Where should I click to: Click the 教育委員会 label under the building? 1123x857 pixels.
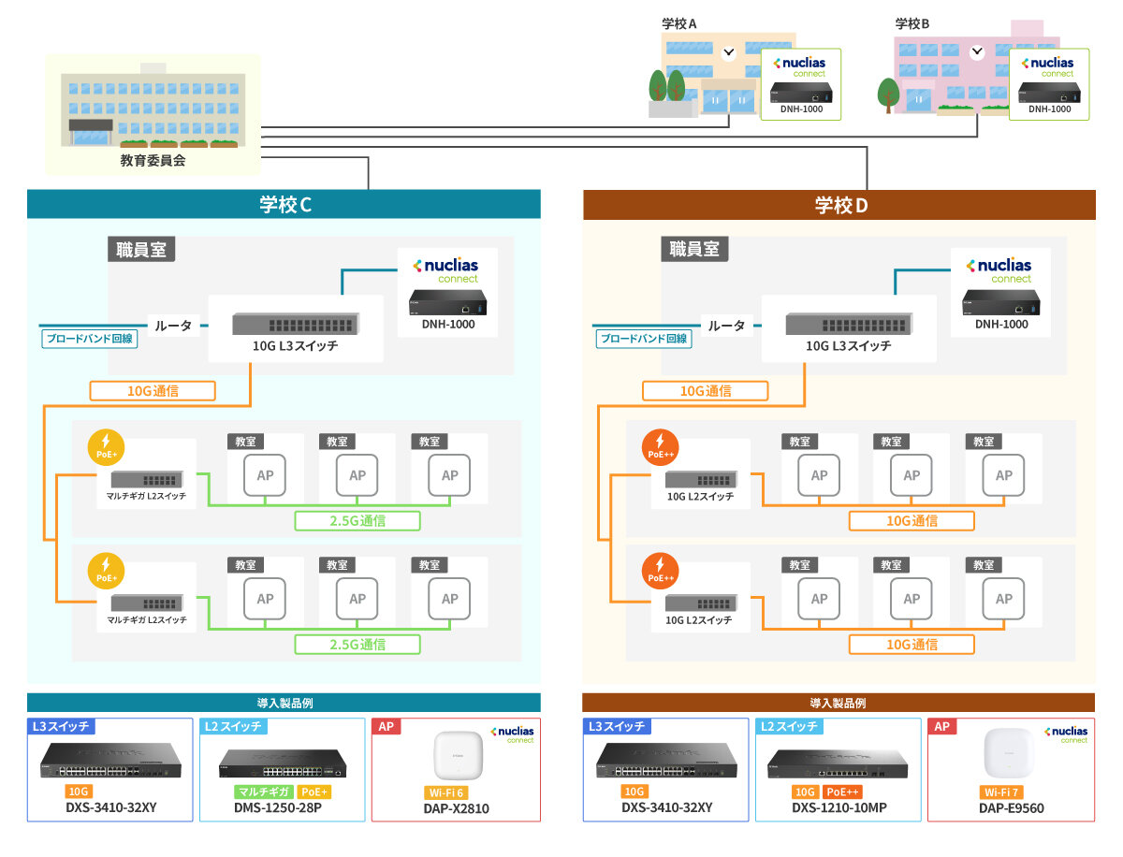tap(153, 160)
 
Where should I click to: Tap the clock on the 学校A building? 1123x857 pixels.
tap(729, 51)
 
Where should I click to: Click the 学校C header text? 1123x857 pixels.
tap(284, 205)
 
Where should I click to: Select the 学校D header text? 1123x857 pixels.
tap(839, 205)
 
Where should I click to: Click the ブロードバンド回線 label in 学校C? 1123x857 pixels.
tap(91, 339)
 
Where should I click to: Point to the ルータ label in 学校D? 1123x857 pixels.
tap(727, 326)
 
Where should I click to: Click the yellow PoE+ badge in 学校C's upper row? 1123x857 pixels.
tap(105, 446)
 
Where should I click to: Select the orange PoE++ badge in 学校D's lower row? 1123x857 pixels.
tap(661, 570)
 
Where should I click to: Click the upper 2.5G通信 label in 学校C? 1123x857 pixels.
tap(357, 521)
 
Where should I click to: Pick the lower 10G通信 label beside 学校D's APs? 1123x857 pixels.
tap(912, 644)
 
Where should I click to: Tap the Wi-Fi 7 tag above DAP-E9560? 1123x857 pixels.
tap(1000, 792)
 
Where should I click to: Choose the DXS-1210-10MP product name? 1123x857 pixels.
tap(839, 807)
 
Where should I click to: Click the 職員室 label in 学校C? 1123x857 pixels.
tap(141, 249)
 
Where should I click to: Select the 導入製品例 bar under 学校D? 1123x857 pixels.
tap(839, 703)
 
